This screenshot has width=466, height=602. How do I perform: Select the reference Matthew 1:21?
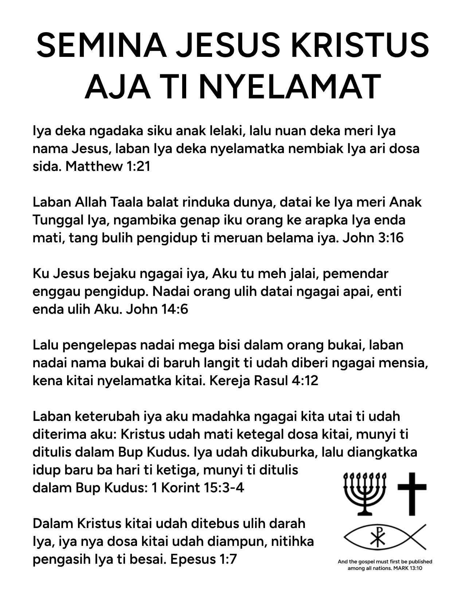click(108, 167)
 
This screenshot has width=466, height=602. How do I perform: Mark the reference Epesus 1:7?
click(203, 559)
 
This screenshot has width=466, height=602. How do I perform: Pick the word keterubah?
click(102, 416)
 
